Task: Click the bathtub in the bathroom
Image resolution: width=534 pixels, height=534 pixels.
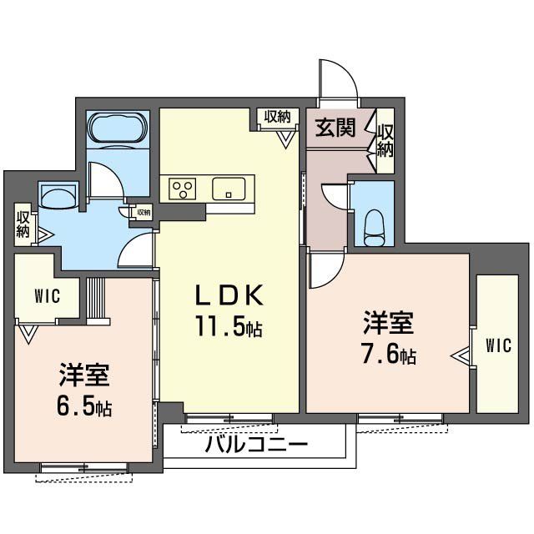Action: tap(118, 131)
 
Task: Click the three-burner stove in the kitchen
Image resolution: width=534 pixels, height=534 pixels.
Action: tap(182, 189)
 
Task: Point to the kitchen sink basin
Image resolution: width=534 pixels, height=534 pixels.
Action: tap(226, 189)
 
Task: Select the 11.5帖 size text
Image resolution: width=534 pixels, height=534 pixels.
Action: tap(229, 327)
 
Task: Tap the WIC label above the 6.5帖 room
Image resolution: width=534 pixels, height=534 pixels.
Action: tap(46, 295)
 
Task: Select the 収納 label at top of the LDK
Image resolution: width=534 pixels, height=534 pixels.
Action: tap(279, 116)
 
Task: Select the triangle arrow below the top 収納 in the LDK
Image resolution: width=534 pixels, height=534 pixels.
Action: tap(285, 137)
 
